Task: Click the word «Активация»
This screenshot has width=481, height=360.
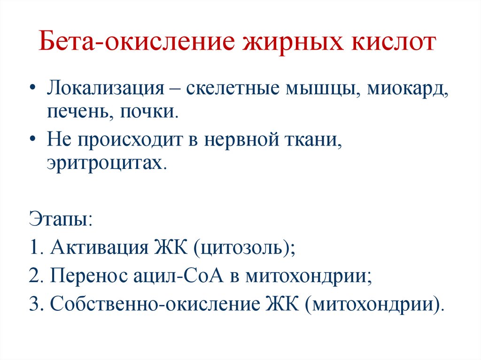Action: click(99, 247)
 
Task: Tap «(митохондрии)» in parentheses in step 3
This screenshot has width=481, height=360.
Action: click(373, 304)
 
